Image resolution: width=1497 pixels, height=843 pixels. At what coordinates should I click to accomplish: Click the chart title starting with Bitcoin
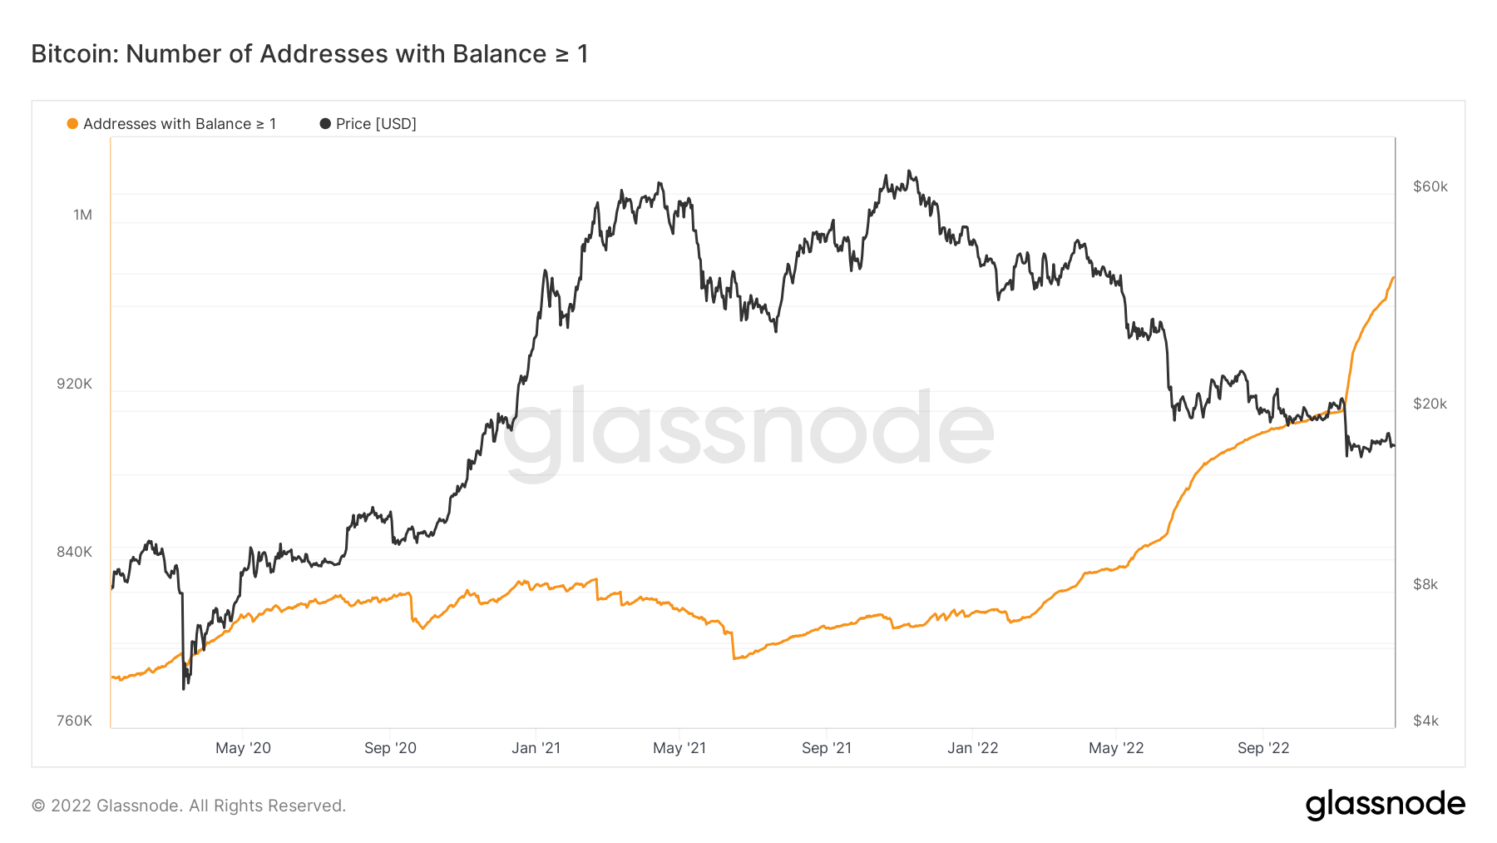pos(309,54)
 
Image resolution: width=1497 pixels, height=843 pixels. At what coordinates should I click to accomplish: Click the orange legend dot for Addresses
pos(72,124)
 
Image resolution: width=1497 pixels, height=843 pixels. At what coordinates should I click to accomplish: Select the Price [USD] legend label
pos(376,124)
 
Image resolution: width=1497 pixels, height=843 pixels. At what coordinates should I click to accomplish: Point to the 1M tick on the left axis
pos(82,215)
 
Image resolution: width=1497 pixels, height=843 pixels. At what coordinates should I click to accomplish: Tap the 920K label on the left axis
pos(75,384)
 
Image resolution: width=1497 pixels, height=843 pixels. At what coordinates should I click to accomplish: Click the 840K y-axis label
pos(75,552)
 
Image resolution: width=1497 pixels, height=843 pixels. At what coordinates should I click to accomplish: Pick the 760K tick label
pos(75,721)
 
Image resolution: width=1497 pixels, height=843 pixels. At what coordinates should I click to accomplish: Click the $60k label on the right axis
pos(1430,186)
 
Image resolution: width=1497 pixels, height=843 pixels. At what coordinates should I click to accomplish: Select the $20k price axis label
pos(1430,404)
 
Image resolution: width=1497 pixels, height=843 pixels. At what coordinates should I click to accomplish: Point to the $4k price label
pos(1425,721)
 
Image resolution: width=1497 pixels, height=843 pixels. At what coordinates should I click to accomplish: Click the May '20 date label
pos(243,748)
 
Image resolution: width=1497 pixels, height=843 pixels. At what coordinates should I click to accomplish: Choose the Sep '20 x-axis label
pos(390,748)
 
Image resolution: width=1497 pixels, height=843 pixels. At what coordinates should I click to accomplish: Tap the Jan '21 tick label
pos(536,748)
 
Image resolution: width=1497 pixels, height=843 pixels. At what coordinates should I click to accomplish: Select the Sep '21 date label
pos(827,748)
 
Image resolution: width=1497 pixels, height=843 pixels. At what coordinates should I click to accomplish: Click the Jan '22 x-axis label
pos(972,748)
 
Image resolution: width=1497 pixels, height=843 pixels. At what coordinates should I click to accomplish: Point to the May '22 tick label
pos(1116,748)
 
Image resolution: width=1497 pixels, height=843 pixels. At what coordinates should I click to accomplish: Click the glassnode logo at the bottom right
pos(1385,805)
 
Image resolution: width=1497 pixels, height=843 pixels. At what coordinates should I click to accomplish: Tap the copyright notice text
pos(189,806)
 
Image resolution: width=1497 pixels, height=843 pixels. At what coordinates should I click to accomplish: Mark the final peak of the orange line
pos(1393,277)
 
